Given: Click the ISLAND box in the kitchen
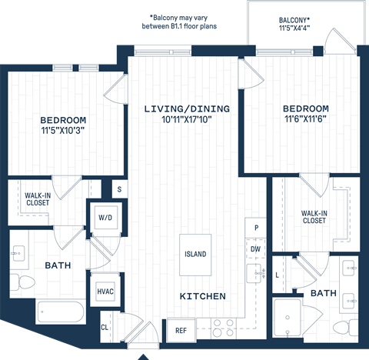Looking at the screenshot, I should pyautogui.click(x=195, y=254).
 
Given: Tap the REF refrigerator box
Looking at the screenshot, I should pyautogui.click(x=181, y=330).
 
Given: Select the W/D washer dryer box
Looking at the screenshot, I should pyautogui.click(x=105, y=217).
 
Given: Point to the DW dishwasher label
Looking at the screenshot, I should pyautogui.click(x=255, y=249).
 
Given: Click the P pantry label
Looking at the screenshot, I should pyautogui.click(x=255, y=228).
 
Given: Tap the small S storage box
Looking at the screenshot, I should pyautogui.click(x=120, y=188).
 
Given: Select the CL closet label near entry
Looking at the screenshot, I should pyautogui.click(x=105, y=328).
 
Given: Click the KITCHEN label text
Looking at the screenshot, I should pyautogui.click(x=202, y=296).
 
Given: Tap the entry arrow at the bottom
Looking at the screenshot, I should pyautogui.click(x=143, y=356).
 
